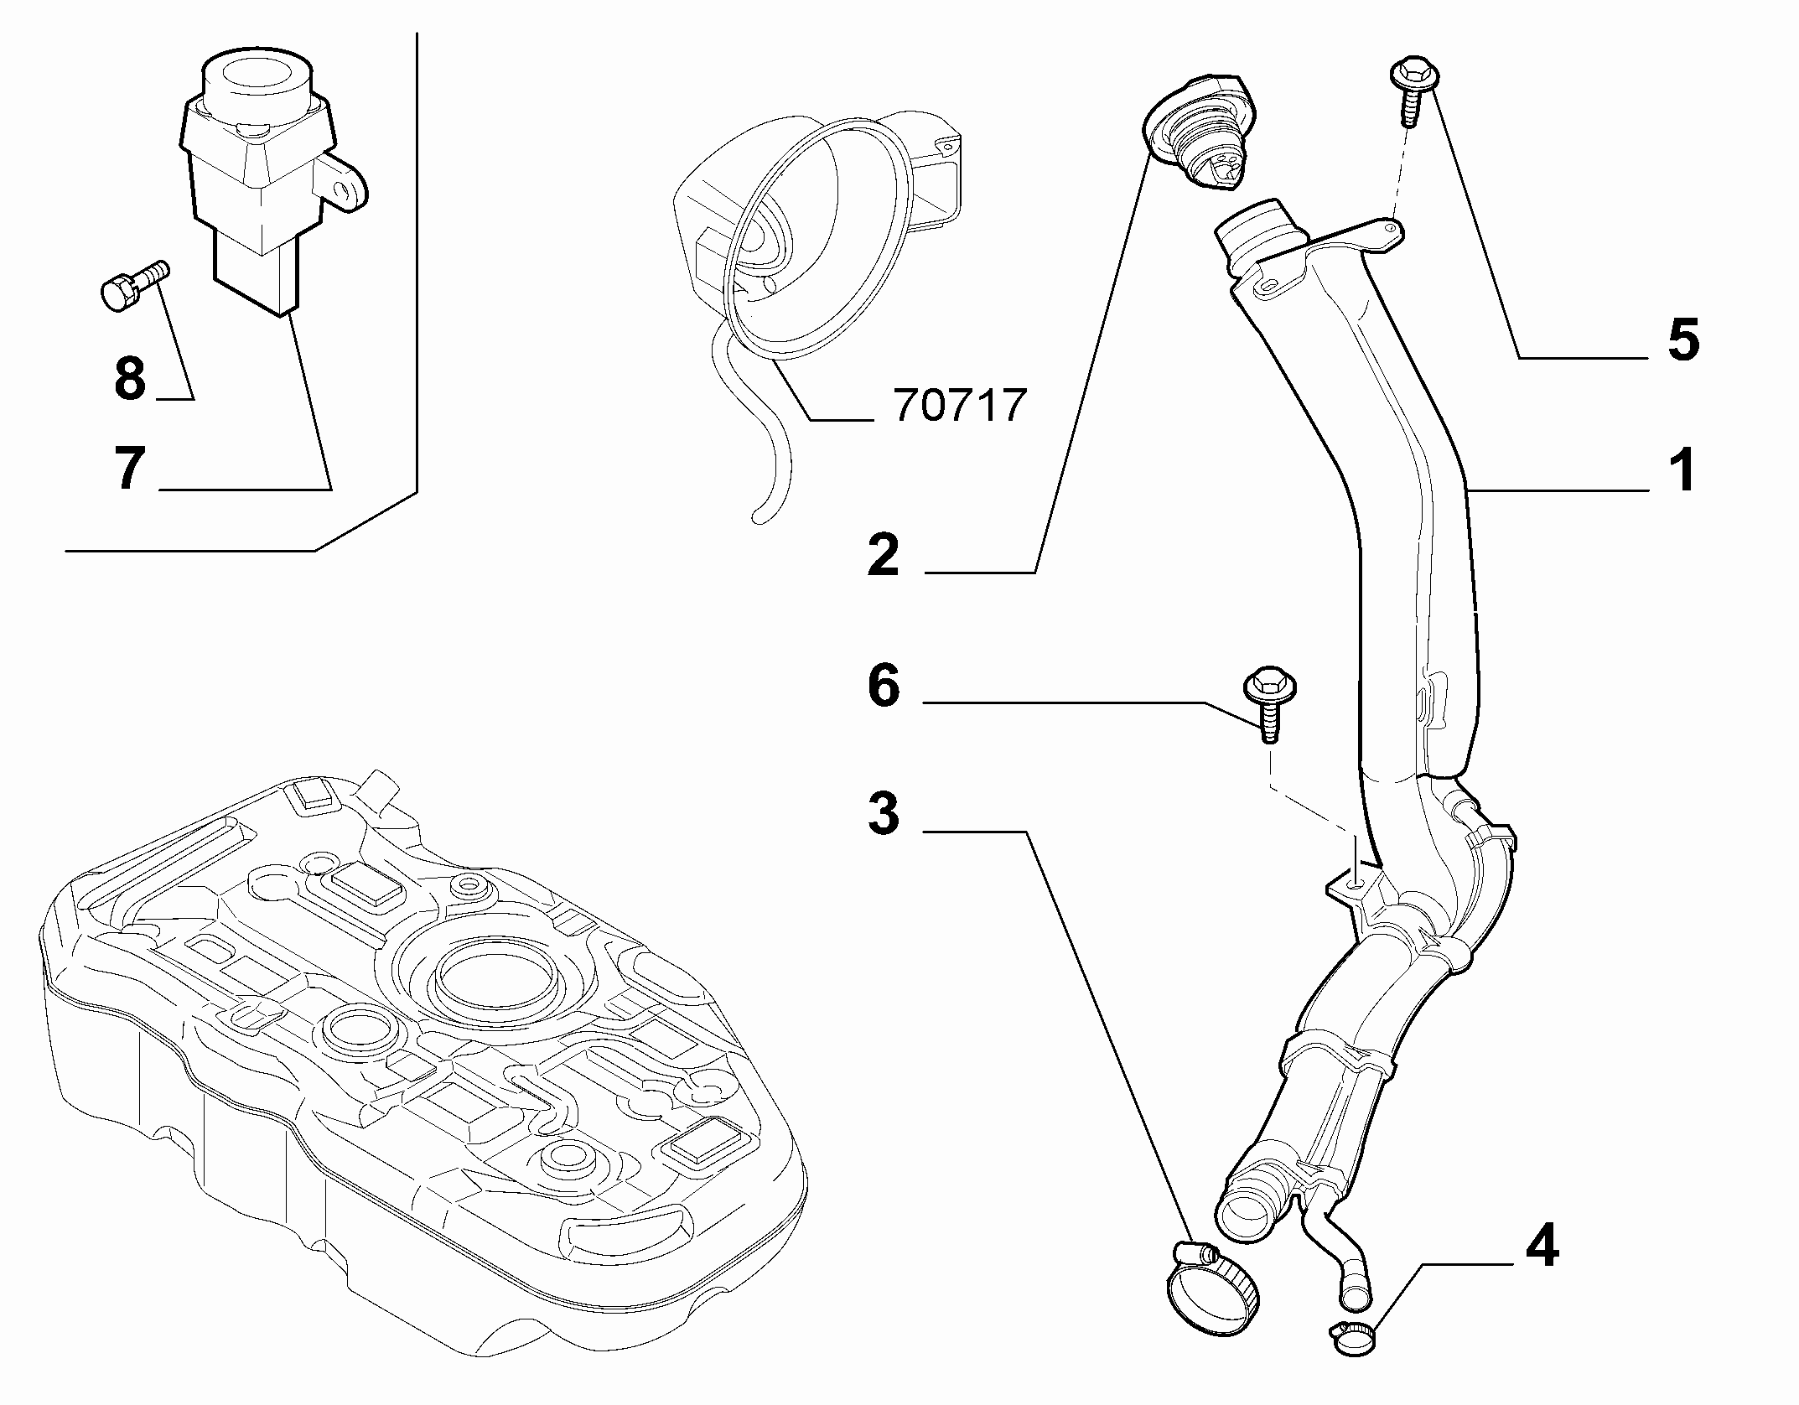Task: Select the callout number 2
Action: pos(884,553)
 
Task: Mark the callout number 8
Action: pos(130,379)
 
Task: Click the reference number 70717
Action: pos(961,406)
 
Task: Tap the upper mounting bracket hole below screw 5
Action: pos(1391,226)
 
